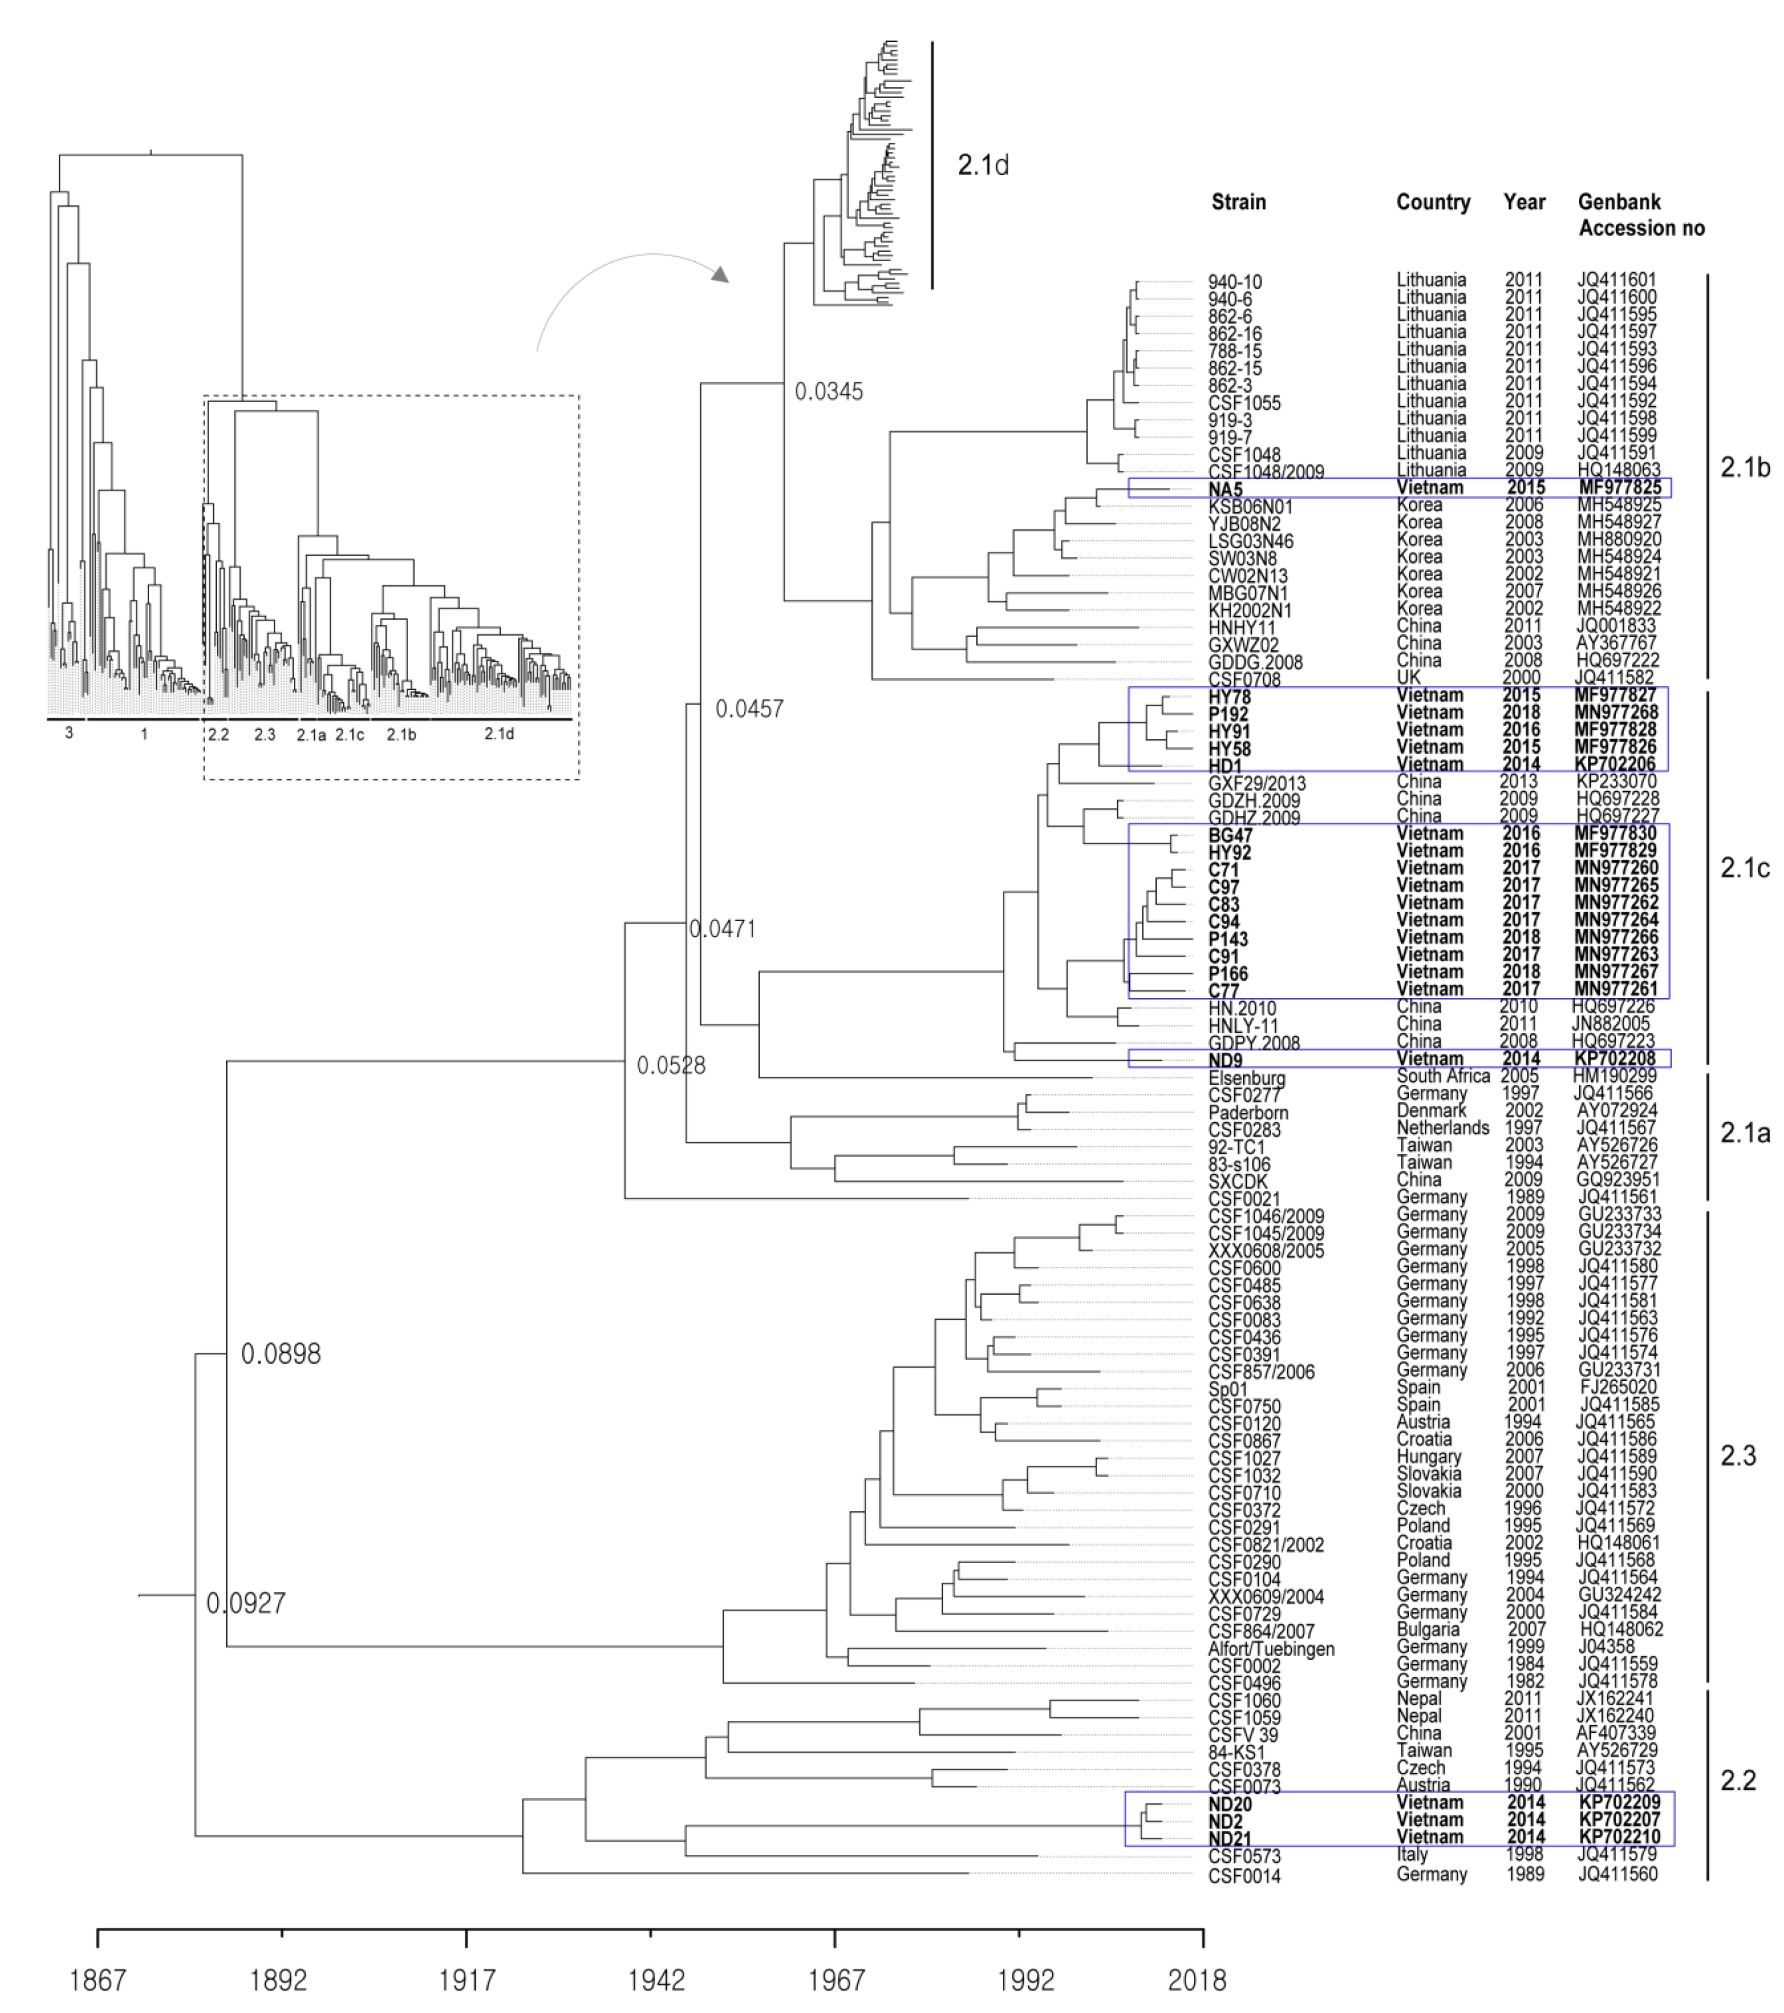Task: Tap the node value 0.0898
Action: point(281,1354)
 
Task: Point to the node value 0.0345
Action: point(828,392)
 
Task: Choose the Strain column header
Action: point(1238,202)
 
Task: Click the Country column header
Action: point(1432,202)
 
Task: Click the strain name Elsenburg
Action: point(1246,1077)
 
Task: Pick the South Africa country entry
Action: point(1443,1076)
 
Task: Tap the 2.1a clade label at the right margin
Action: point(1744,1133)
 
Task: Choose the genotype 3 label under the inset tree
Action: point(69,734)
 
